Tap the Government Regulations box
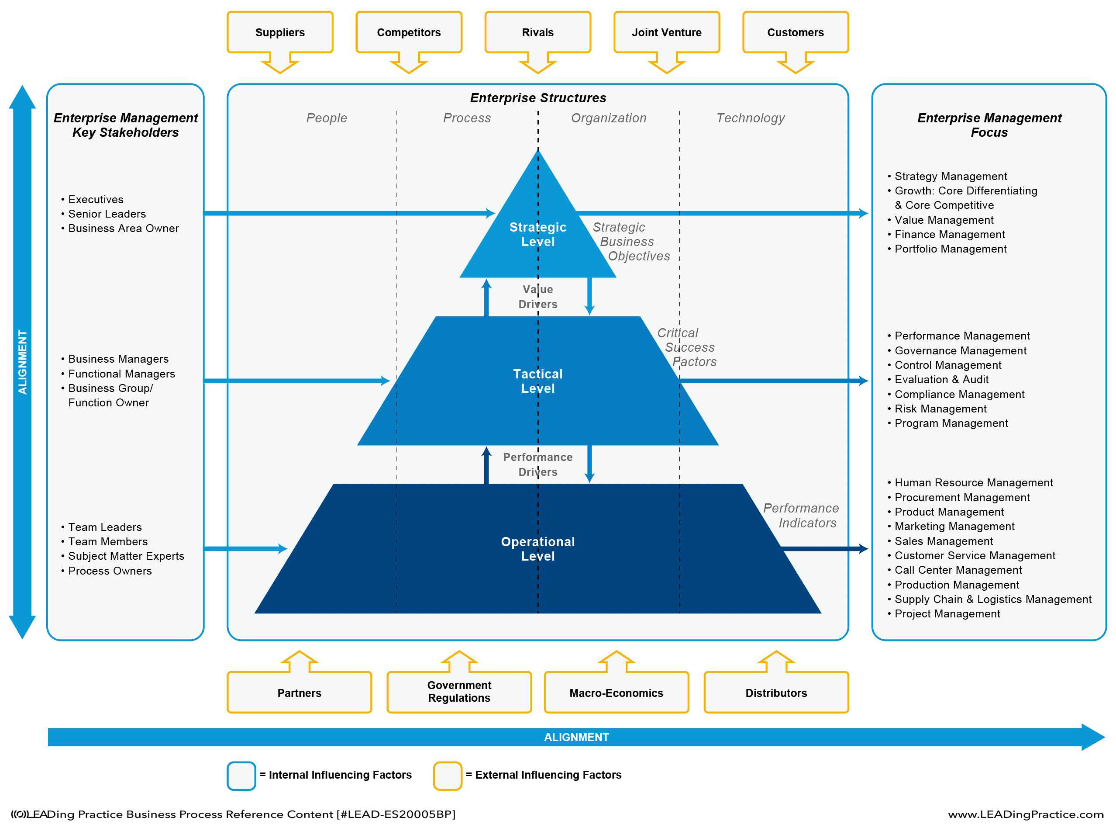click(459, 692)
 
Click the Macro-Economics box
click(616, 693)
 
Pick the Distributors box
click(776, 693)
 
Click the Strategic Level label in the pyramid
click(537, 234)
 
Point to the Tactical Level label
click(537, 381)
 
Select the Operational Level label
click(537, 549)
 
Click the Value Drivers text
click(537, 297)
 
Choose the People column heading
click(327, 118)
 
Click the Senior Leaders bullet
click(107, 214)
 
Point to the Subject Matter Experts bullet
click(126, 556)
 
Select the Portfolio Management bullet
click(950, 249)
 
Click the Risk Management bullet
click(940, 409)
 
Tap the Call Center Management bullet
click(958, 570)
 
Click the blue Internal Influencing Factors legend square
click(241, 776)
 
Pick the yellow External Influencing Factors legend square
click(447, 776)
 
